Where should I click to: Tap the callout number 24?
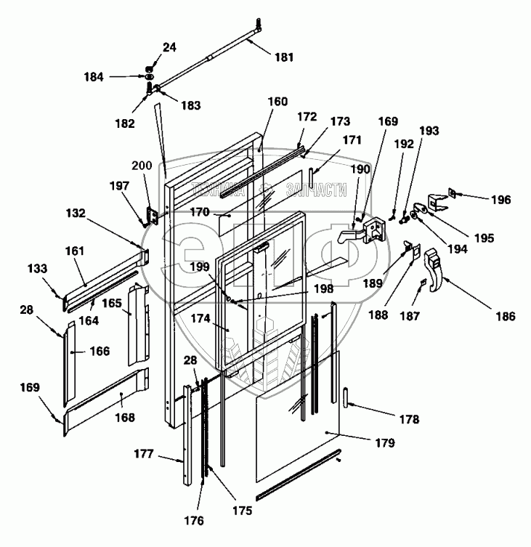(x=169, y=48)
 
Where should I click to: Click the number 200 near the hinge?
(x=142, y=166)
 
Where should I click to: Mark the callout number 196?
(x=500, y=200)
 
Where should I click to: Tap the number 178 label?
(x=409, y=419)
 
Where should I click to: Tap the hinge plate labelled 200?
(x=153, y=215)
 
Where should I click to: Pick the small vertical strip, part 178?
(x=345, y=400)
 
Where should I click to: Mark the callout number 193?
(x=429, y=131)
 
